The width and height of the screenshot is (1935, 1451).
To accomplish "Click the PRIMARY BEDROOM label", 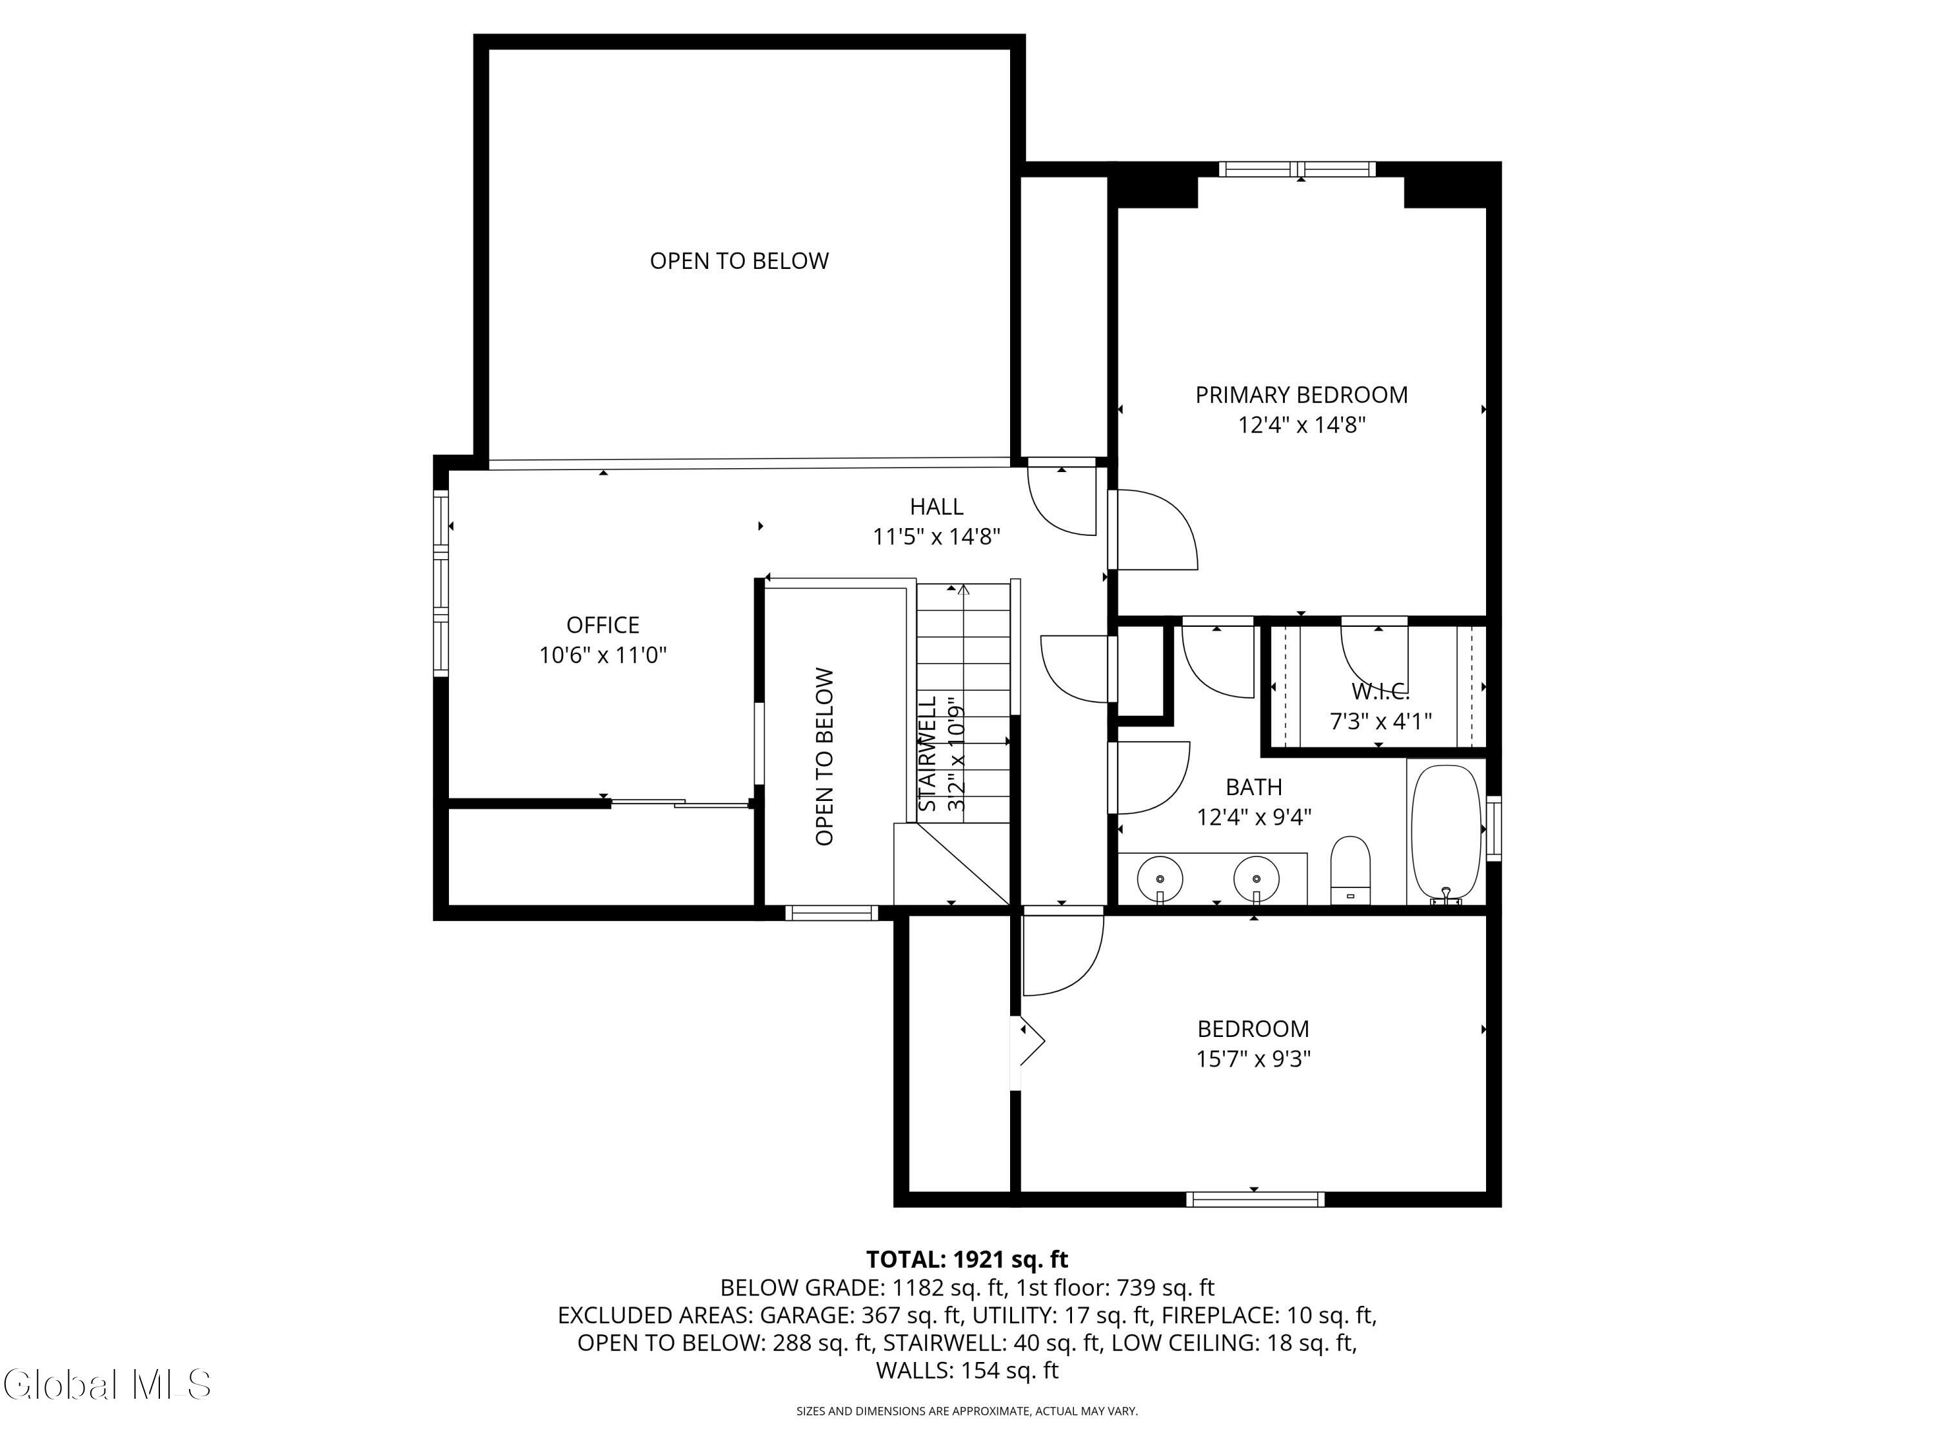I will click(x=1301, y=395).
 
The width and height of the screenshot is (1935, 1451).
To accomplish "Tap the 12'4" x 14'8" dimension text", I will click(x=1301, y=425).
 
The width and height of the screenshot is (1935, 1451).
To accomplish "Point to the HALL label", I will click(x=936, y=506).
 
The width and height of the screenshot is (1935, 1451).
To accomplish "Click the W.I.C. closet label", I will click(x=1380, y=692).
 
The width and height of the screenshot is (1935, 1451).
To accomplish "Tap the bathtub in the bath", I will click(x=1445, y=831).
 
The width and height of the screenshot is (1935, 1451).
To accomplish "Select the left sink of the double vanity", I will click(x=1160, y=877).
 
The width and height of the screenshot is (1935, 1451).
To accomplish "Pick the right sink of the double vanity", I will click(x=1256, y=877).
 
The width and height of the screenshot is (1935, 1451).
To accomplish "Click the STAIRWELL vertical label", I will click(x=929, y=754).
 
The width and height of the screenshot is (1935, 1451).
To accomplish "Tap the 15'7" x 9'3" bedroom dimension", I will click(x=1253, y=1059).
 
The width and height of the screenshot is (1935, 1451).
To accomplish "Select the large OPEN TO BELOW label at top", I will click(x=739, y=261).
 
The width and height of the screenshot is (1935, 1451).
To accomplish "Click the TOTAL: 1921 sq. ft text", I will click(x=967, y=1259).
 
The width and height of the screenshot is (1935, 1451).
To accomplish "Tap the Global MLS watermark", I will click(x=106, y=1384).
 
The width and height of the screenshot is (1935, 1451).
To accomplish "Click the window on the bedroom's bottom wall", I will click(x=1255, y=1199).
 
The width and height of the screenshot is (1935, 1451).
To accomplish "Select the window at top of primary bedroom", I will click(x=1297, y=170).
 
